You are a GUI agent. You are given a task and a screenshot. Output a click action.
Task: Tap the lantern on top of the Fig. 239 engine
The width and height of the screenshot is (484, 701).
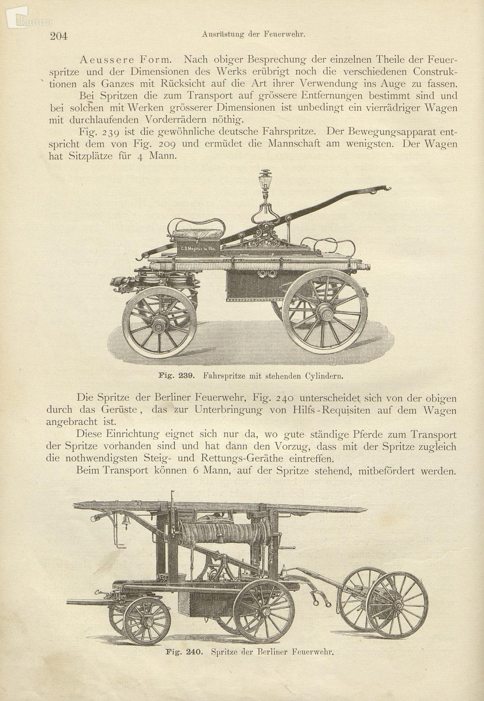click(x=265, y=181)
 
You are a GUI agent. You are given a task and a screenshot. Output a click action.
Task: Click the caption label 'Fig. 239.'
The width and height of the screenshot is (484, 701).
click(x=176, y=375)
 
